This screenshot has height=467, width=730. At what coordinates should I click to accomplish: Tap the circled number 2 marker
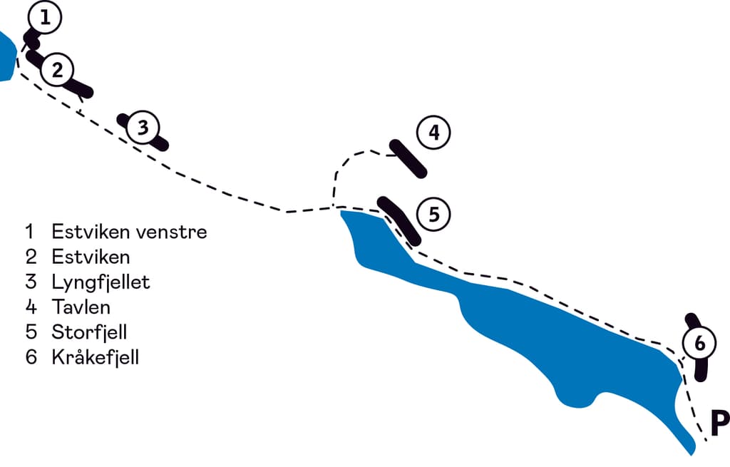[x=58, y=70]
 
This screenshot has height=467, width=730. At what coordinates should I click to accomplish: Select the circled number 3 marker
[x=143, y=128]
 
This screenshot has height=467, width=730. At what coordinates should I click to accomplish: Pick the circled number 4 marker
[x=434, y=133]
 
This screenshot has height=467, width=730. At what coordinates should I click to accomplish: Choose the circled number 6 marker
[x=699, y=344]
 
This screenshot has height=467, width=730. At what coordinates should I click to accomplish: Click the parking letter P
[x=719, y=424]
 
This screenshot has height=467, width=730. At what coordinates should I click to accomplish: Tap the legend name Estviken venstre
[x=129, y=232]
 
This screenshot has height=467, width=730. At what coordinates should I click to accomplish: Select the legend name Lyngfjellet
[x=101, y=282]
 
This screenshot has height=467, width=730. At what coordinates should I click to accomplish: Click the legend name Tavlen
[x=81, y=307]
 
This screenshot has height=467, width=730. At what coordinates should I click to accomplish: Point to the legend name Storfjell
[x=89, y=332]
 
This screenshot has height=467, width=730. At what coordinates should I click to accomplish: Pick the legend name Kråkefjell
[x=95, y=357]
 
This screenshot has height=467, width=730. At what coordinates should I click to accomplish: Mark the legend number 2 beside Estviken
[x=31, y=257]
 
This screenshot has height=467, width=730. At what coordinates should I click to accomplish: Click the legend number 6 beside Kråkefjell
[x=31, y=357]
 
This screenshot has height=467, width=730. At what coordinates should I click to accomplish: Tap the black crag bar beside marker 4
[x=408, y=159]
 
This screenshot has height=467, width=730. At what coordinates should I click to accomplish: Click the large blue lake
[x=542, y=335]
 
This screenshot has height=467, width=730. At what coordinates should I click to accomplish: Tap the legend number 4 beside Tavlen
[x=31, y=307]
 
